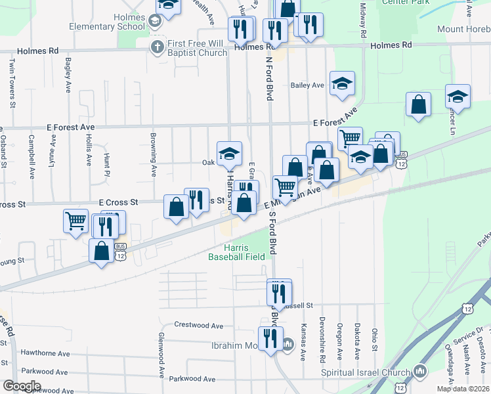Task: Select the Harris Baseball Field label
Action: click(236, 252)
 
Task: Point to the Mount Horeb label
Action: click(463, 30)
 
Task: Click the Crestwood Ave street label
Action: click(199, 325)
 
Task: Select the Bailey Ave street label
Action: click(308, 85)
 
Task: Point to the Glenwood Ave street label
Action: click(161, 355)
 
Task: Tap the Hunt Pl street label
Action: click(106, 165)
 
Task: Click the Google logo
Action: click(21, 386)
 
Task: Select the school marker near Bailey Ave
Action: click(342, 83)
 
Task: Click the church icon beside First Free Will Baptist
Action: click(156, 47)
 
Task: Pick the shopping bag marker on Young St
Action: click(102, 252)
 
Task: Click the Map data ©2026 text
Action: click(462, 389)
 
